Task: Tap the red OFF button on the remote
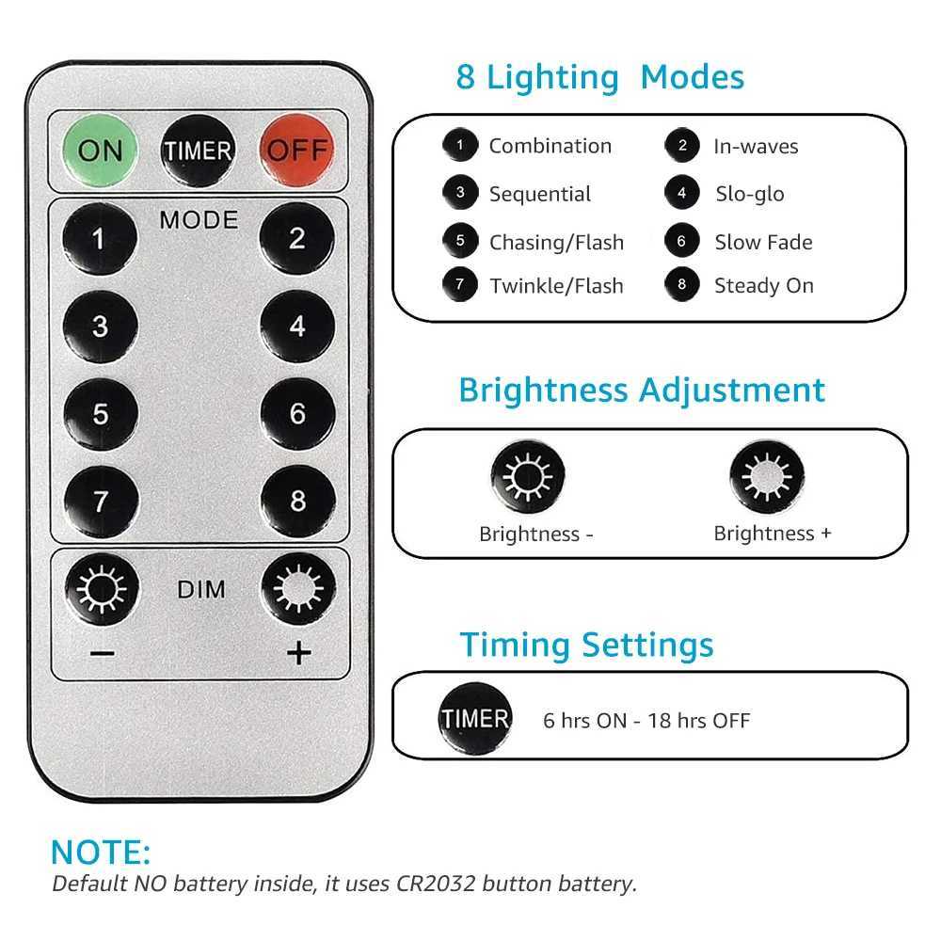(297, 150)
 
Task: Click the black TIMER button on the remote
(199, 151)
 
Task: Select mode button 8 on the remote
(297, 501)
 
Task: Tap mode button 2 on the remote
(297, 239)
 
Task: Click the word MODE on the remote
(199, 220)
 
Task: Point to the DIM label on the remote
(200, 590)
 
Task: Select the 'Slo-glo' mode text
(749, 194)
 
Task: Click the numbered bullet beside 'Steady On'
(682, 285)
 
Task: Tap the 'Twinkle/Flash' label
(556, 286)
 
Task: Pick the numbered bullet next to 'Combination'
(460, 146)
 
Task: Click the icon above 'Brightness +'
(766, 476)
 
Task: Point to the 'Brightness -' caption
(535, 534)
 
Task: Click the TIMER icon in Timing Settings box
(475, 720)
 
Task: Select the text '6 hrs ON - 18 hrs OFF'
(646, 721)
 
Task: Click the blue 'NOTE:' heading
(101, 853)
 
